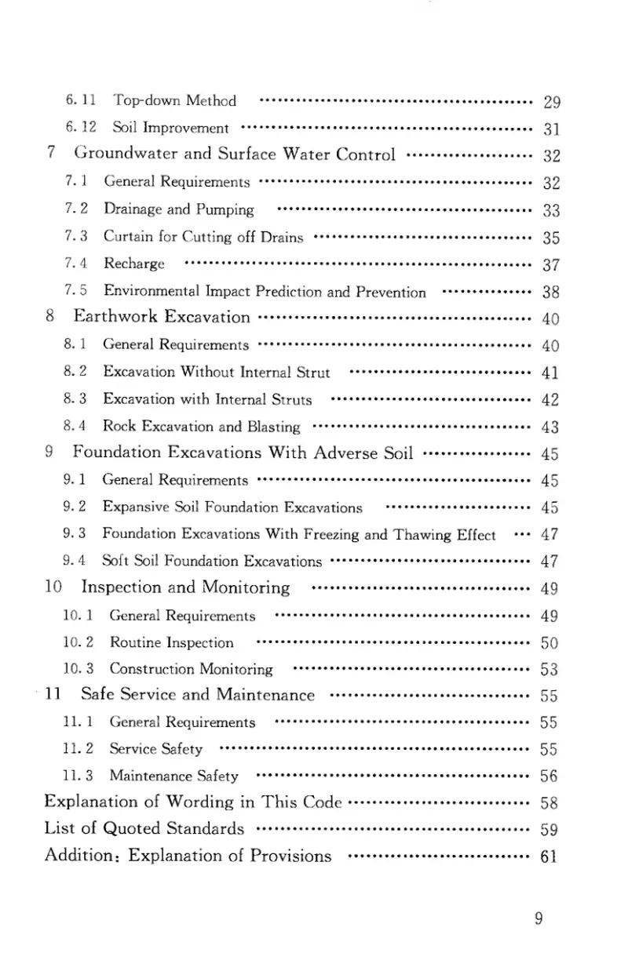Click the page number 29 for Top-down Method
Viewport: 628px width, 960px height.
coord(550,101)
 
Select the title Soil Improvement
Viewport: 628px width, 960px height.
coord(170,128)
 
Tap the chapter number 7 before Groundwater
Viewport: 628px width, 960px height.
coord(50,153)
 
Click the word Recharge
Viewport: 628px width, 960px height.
coord(134,263)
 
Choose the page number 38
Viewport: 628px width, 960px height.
coord(550,293)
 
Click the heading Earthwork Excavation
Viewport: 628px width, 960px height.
coord(162,317)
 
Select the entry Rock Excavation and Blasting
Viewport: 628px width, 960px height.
coord(201,427)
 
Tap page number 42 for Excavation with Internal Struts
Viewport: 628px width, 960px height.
coord(550,400)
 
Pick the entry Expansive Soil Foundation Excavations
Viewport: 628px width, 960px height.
coord(232,507)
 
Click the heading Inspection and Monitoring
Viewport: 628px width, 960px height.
coord(185,587)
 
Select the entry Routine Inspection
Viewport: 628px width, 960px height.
coord(171,643)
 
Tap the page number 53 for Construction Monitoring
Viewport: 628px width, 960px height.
coord(549,670)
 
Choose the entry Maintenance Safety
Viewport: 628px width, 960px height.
coord(173,776)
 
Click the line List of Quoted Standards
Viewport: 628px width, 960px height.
coord(144,829)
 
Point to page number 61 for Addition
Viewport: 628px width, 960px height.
coord(549,856)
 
